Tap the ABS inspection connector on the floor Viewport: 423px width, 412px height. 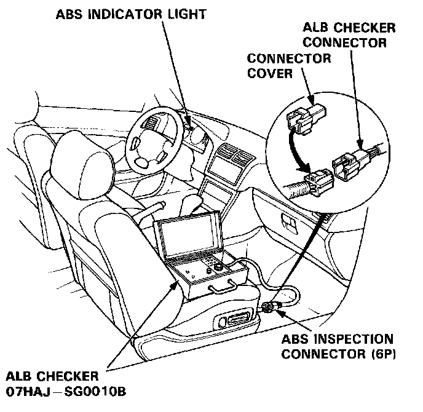point(269,307)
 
